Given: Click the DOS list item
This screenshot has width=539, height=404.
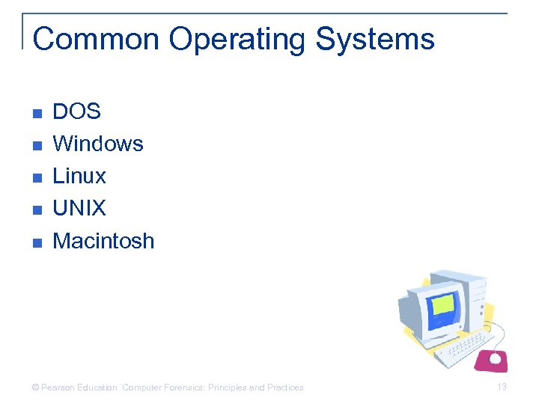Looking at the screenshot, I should [x=76, y=111].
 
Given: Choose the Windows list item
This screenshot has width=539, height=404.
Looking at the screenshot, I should [x=98, y=144].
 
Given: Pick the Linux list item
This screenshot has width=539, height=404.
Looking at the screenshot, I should [x=79, y=177].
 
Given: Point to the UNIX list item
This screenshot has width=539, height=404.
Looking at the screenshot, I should [x=79, y=209].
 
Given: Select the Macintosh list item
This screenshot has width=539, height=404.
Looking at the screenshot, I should [x=103, y=241].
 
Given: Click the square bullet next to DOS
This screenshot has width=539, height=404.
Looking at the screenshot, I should [x=37, y=114].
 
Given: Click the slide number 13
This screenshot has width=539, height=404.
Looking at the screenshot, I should [x=502, y=387].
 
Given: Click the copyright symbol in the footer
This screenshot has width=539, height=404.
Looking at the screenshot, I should [x=34, y=388].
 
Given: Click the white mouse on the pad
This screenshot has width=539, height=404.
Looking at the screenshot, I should [x=495, y=358].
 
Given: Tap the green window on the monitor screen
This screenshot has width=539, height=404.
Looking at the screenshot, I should [x=444, y=304].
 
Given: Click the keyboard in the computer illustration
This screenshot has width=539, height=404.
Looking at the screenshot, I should [x=464, y=348].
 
